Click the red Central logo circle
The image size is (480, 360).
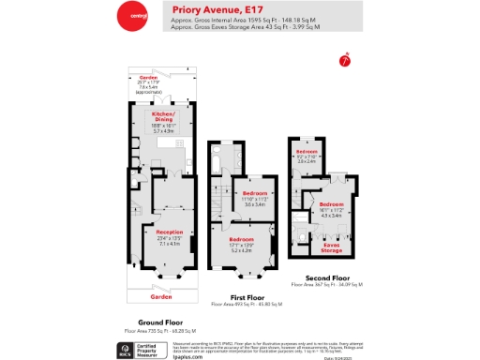click(x=131, y=16)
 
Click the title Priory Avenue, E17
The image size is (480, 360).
click(x=209, y=10)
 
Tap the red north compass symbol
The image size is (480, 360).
click(x=344, y=61)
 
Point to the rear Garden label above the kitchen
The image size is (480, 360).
click(x=147, y=78)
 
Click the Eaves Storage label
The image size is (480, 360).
click(x=332, y=247)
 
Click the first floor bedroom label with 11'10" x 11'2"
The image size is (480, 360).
click(x=249, y=196)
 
